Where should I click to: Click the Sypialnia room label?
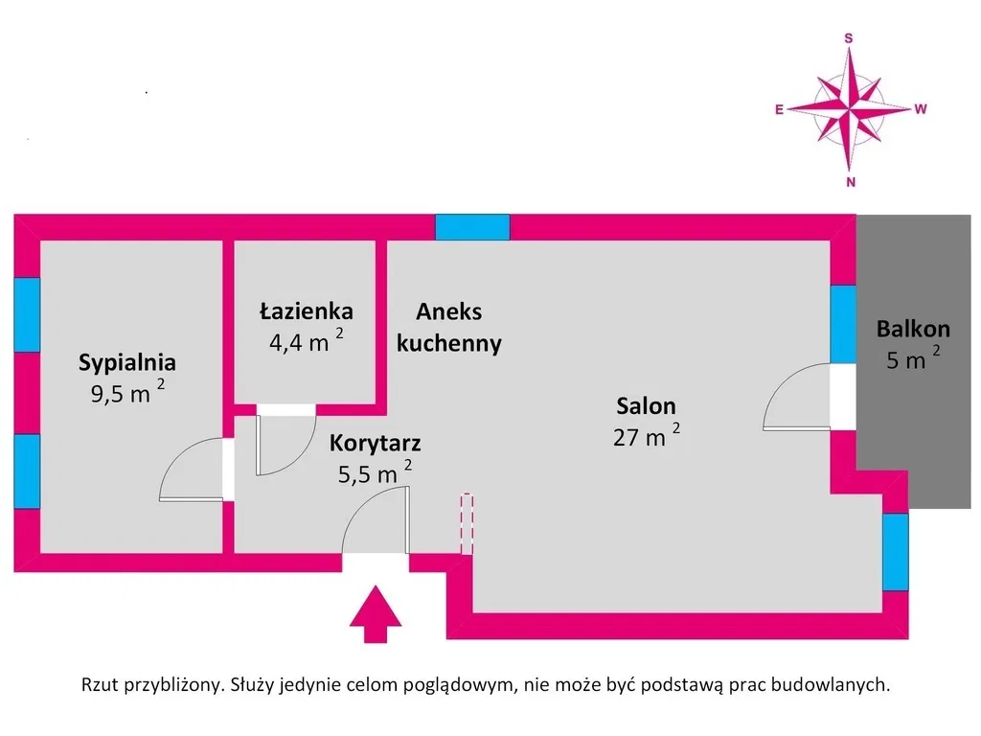tap(127, 363)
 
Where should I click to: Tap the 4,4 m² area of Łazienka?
tap(306, 340)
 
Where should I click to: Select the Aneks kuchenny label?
tap(449, 328)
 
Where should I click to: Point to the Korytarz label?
tap(375, 443)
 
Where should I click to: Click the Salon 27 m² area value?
tap(647, 435)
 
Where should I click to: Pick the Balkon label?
tap(913, 330)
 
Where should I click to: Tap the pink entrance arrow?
tap(376, 614)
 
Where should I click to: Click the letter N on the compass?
tap(851, 182)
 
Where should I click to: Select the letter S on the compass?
tap(849, 38)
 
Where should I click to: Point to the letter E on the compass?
tap(779, 109)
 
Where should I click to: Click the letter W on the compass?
tap(921, 109)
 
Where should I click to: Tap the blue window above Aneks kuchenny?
tap(472, 227)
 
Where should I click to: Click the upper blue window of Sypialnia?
tap(27, 314)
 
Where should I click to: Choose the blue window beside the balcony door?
tap(843, 324)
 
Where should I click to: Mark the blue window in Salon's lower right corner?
tap(896, 552)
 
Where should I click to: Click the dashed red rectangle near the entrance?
tap(467, 524)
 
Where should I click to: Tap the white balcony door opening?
tap(843, 397)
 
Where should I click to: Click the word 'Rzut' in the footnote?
tap(100, 684)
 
